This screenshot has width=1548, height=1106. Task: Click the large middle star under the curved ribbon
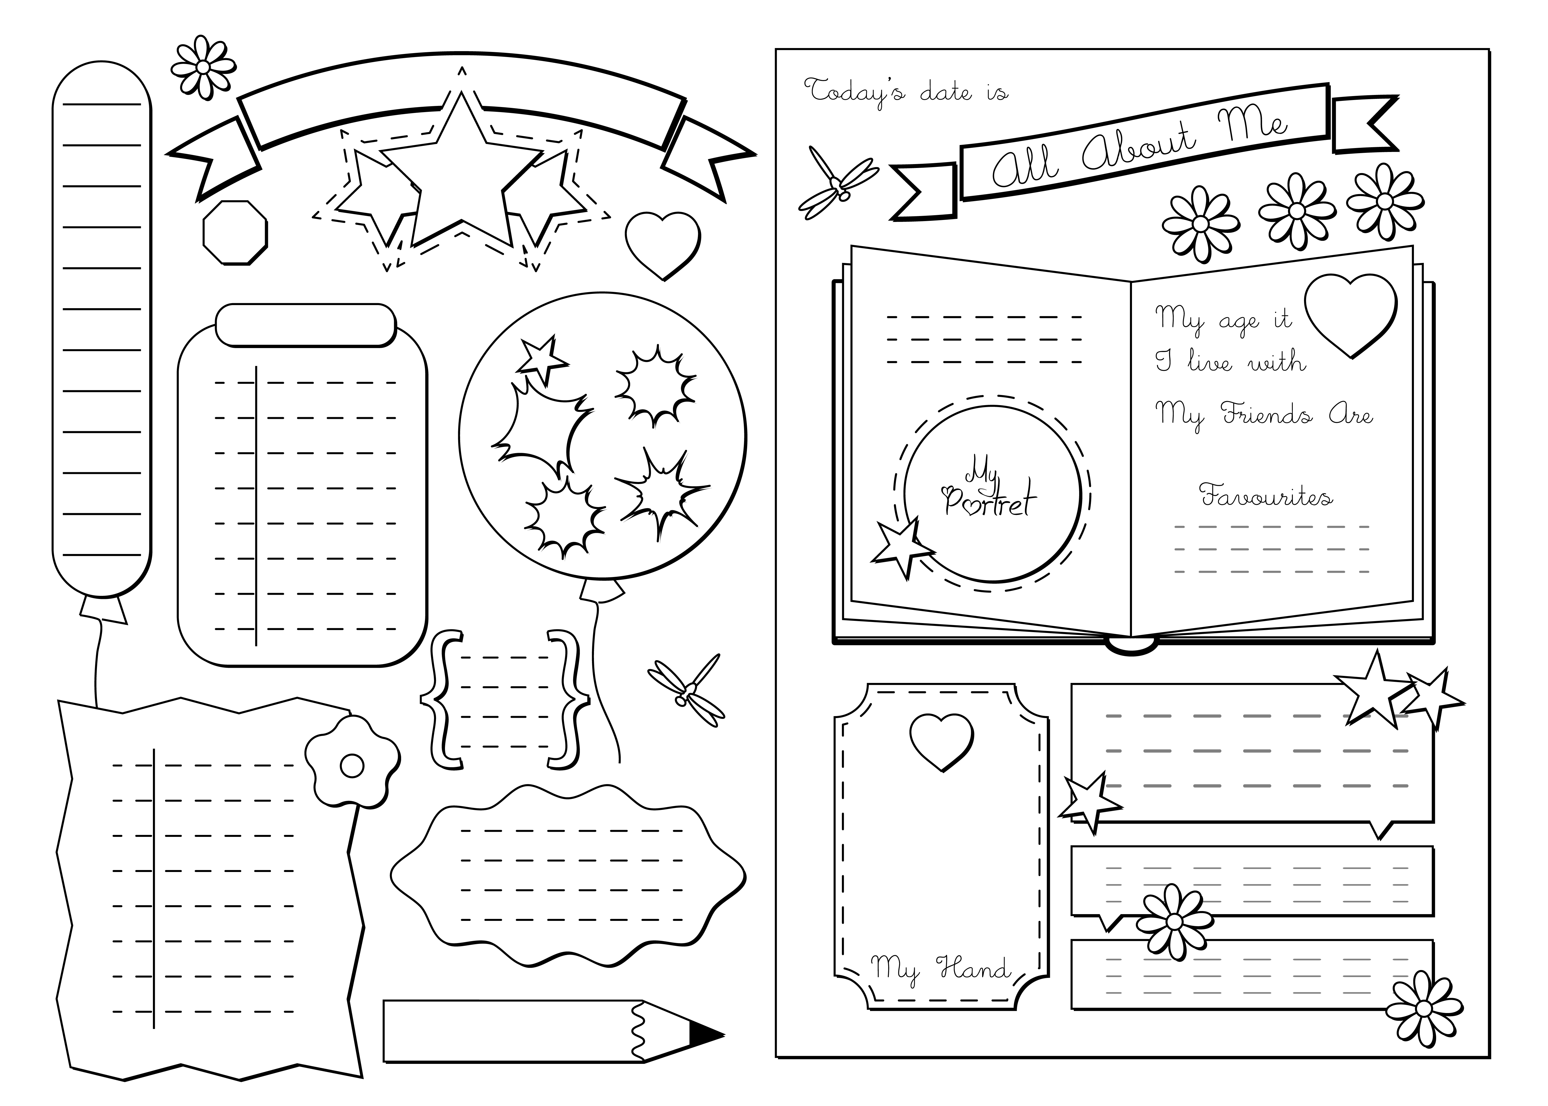pos(462,174)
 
